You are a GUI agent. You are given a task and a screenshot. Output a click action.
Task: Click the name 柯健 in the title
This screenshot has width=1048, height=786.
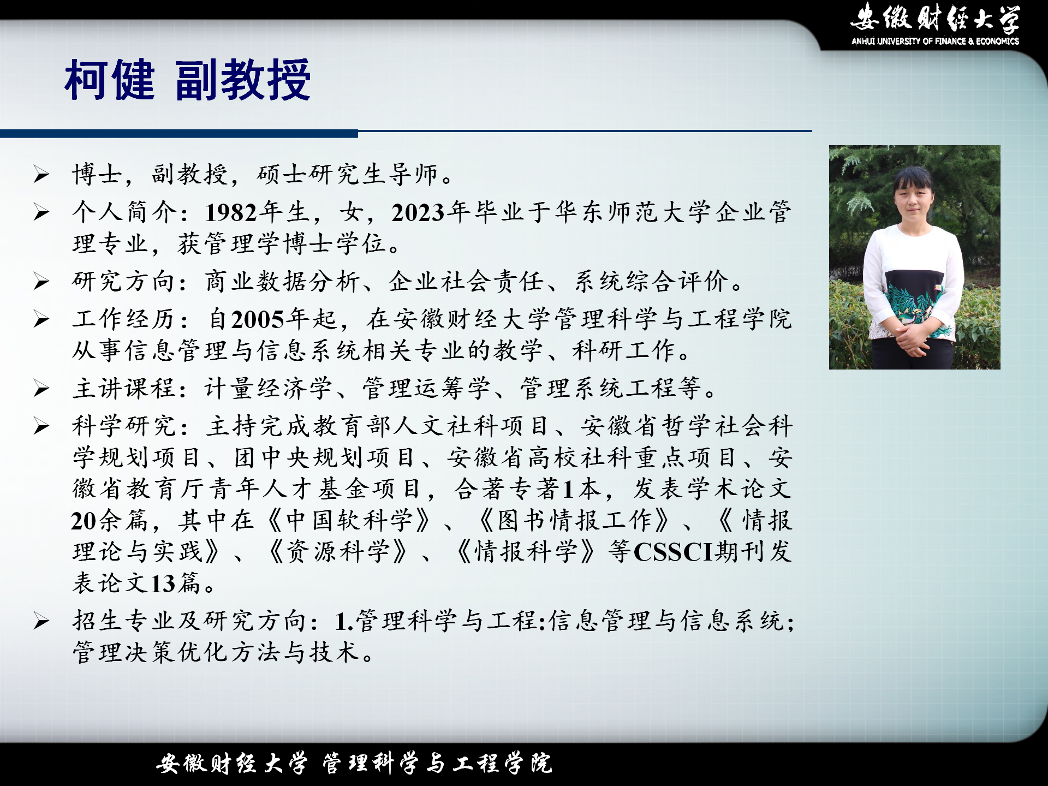coord(110,80)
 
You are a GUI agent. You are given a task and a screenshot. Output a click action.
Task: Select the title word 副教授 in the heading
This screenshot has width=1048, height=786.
coord(243,80)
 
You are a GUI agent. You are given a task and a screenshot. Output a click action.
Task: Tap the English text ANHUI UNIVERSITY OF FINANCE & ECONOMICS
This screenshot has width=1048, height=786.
coord(935,41)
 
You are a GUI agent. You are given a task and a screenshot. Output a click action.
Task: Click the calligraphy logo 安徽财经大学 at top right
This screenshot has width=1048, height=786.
coord(935,17)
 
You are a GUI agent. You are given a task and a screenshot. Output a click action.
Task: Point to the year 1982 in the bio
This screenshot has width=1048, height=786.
coord(231,212)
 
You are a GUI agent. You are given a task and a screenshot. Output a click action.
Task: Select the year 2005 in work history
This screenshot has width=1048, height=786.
coord(259,319)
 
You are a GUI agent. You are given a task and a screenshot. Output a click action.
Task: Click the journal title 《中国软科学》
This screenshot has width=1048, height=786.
coord(349,520)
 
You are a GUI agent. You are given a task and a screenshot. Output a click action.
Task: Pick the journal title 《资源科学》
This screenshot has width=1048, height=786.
coord(338,552)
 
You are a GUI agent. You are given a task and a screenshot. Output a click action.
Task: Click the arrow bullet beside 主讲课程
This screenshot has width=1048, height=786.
coord(41,389)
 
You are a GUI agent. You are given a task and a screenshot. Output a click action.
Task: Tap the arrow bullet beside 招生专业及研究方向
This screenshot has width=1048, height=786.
coord(41,621)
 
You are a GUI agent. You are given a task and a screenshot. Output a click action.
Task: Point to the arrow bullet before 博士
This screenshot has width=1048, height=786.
coord(41,175)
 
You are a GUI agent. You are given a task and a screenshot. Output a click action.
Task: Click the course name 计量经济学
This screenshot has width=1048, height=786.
coord(268,389)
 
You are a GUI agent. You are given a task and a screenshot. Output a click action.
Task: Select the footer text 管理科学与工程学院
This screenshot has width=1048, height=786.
coord(437,763)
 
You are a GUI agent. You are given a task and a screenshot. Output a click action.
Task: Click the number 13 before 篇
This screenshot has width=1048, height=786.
coord(163,583)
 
